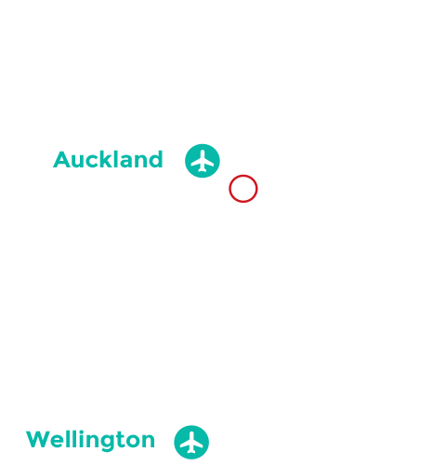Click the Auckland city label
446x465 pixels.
tap(108, 160)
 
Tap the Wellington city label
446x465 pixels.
tap(90, 439)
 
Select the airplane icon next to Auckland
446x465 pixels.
tap(203, 160)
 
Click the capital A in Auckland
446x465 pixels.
tap(61, 160)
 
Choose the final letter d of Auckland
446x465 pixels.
tap(156, 160)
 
